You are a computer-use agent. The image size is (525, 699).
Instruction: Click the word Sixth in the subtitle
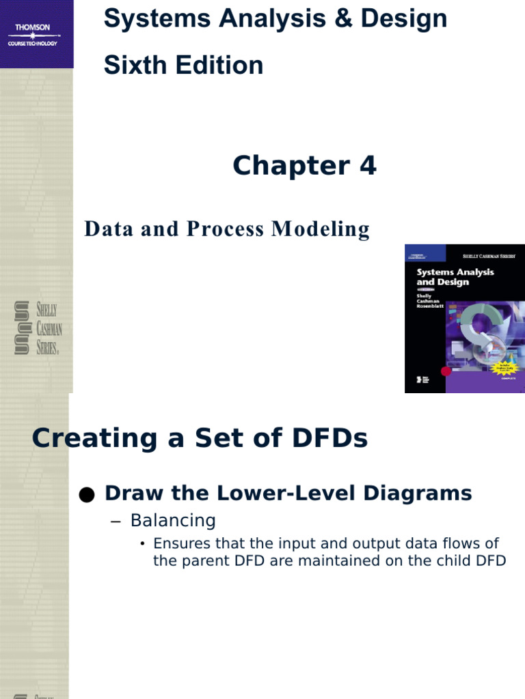pyautogui.click(x=131, y=66)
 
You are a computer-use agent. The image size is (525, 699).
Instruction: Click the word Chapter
pyautogui.click(x=287, y=166)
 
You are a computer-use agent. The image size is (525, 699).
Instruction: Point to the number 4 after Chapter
pyautogui.click(x=368, y=166)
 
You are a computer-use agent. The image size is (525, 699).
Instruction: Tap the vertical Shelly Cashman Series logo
pyautogui.click(x=38, y=327)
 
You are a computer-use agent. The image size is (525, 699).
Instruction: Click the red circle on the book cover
pyautogui.click(x=446, y=371)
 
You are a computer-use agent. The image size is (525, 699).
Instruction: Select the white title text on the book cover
pyautogui.click(x=455, y=276)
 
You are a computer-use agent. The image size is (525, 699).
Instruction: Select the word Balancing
pyautogui.click(x=173, y=521)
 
